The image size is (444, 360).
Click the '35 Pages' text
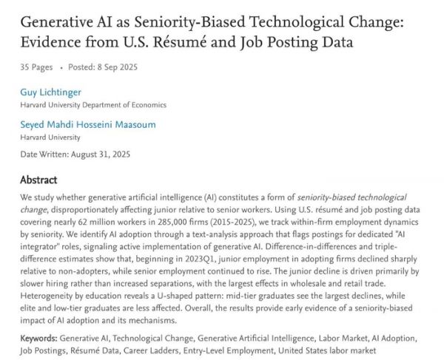pyautogui.click(x=36, y=67)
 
